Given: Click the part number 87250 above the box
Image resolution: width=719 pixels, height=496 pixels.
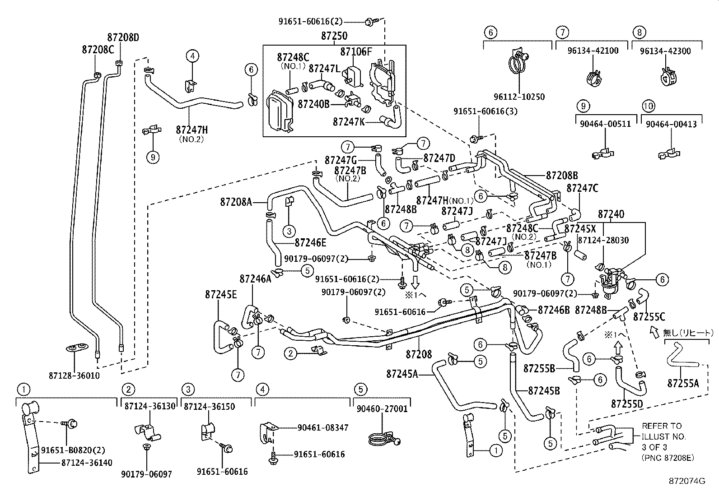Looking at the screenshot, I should (x=334, y=37).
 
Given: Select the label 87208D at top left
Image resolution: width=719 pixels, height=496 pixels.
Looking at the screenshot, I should (x=123, y=37).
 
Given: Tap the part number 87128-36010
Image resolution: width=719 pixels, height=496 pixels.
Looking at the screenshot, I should (x=74, y=375).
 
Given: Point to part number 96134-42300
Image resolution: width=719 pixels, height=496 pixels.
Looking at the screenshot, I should (x=665, y=51).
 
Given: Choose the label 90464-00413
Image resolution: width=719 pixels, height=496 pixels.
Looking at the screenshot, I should (x=671, y=124).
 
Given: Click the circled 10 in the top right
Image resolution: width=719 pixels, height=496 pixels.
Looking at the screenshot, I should (x=648, y=106).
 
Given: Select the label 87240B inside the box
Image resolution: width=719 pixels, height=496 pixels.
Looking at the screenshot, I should (x=313, y=104).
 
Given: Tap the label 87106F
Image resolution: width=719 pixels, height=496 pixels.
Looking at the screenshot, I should (x=356, y=52).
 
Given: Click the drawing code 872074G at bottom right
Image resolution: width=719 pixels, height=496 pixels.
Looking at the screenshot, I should (x=687, y=482).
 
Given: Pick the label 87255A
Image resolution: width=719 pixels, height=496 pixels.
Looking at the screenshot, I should (x=683, y=384).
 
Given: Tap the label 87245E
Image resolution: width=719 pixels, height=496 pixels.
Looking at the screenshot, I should (x=220, y=295).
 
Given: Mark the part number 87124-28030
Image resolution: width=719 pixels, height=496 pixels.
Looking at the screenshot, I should (x=604, y=241).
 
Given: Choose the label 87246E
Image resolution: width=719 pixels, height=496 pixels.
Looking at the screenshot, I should (x=310, y=243).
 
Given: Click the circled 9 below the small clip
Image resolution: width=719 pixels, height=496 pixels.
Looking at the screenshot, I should (x=153, y=157).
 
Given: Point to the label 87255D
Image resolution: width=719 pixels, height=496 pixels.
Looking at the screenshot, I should (x=627, y=403).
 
